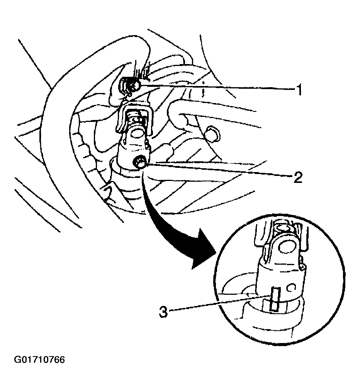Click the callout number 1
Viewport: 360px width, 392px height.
(299, 90)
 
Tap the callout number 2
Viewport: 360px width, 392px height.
(298, 177)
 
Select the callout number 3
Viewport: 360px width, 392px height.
(163, 312)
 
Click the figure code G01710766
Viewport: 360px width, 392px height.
(39, 360)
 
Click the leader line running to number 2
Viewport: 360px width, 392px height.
(219, 170)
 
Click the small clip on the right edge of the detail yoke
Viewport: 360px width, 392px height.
(302, 267)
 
